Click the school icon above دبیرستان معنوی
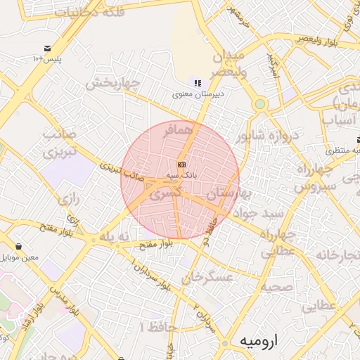[198, 84]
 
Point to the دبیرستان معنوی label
[199, 94]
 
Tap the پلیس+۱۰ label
[47, 59]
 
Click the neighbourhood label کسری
[169, 191]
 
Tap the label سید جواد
[261, 212]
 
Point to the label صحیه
[276, 287]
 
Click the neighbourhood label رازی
[68, 199]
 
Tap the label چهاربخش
[113, 83]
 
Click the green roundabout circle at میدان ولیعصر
[260, 104]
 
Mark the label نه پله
[115, 237]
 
